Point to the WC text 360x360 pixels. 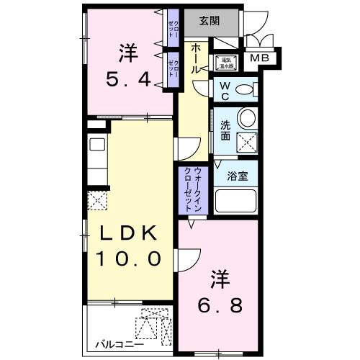click(224, 91)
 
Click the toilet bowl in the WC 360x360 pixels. click(245, 90)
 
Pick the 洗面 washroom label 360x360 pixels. click(225, 129)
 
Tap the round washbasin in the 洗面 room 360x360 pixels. click(247, 118)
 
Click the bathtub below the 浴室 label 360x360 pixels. click(236, 201)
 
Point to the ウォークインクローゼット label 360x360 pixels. click(192, 187)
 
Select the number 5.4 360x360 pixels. click(130, 80)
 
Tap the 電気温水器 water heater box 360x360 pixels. click(225, 63)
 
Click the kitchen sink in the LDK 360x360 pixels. click(96, 143)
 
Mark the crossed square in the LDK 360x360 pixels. click(96, 199)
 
